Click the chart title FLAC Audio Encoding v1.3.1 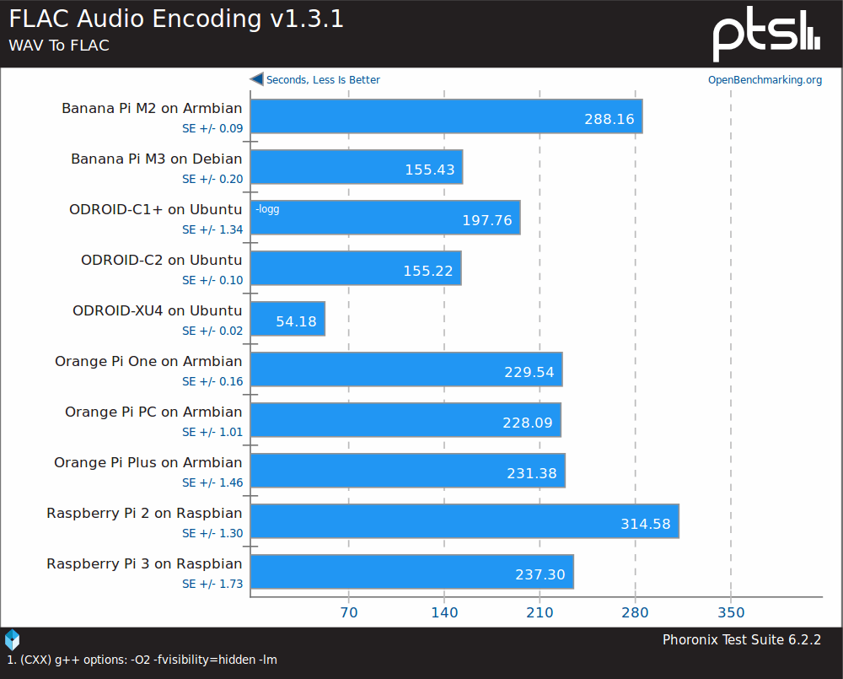176,19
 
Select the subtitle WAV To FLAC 59,46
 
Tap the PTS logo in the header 765,35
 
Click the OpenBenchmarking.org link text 765,80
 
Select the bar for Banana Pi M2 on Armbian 447,116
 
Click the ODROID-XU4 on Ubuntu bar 288,319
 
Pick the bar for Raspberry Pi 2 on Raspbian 464,521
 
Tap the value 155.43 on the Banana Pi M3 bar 429,170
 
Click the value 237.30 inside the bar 540,574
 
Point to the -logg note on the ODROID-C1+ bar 267,209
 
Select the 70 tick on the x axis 349,612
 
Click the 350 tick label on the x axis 731,612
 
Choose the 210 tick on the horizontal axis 540,612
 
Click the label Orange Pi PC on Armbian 153,412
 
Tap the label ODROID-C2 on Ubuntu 161,260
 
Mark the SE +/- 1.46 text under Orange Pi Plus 212,482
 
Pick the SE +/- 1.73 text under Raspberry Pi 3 212,584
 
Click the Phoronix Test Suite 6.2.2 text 741,639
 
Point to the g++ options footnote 142,660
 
